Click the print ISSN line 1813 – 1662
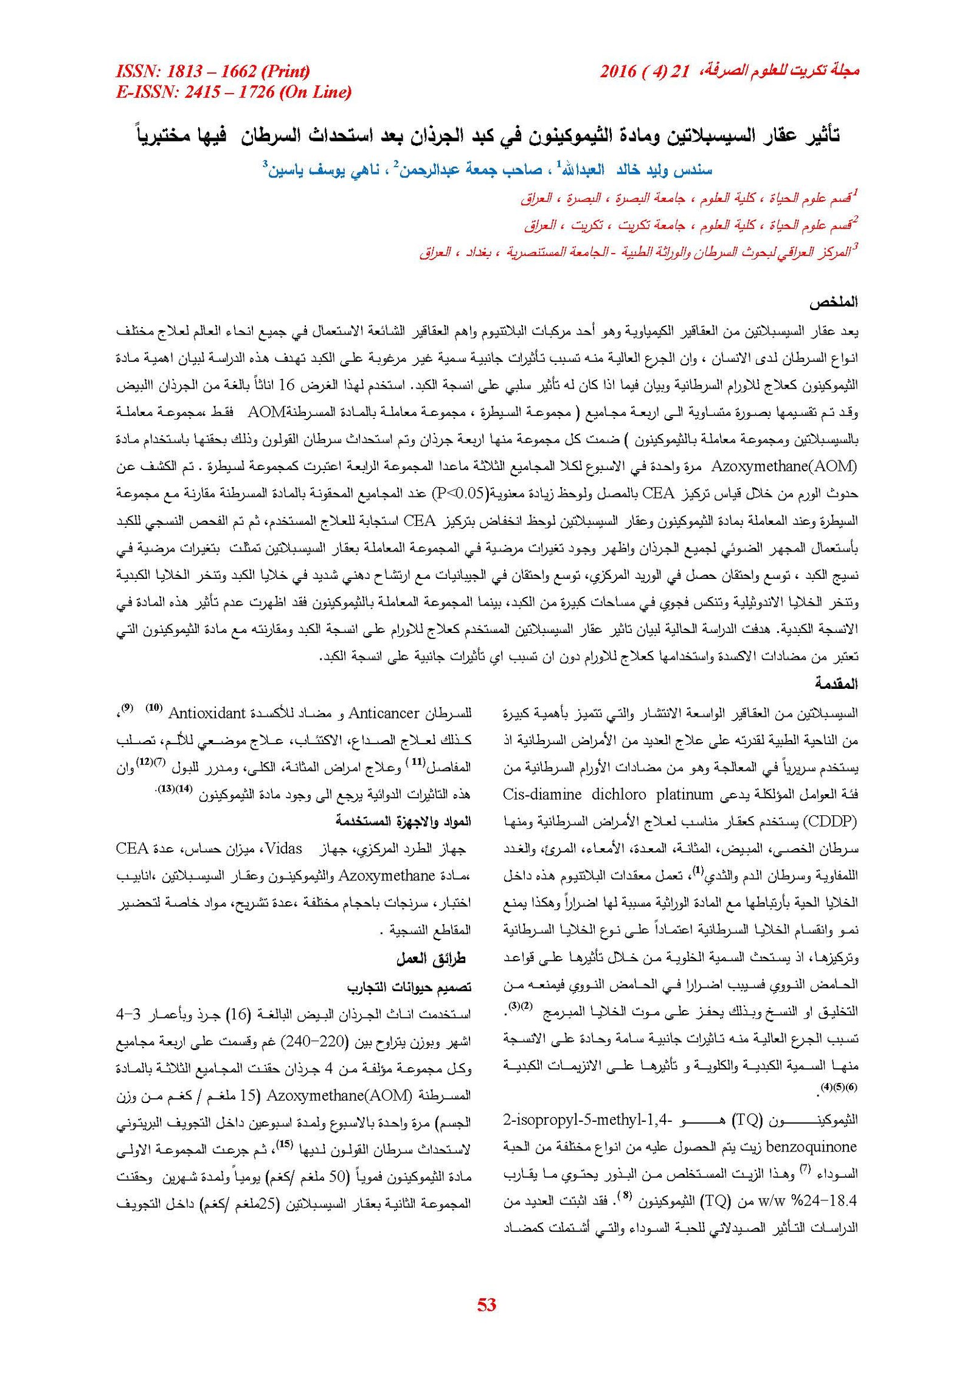tap(212, 72)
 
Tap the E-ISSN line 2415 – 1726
tap(234, 92)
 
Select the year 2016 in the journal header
tap(618, 72)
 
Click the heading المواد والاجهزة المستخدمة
tap(404, 821)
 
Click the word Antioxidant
tap(207, 713)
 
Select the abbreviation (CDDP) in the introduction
tap(830, 822)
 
